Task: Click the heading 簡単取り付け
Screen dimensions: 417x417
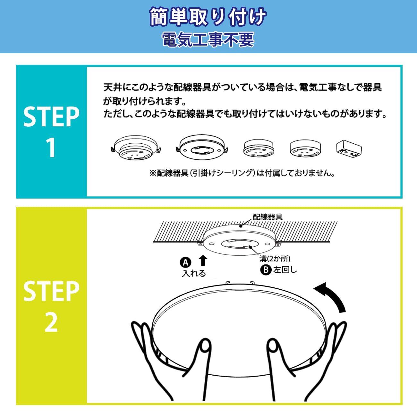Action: click(x=208, y=17)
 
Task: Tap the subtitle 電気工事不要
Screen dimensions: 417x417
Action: click(x=208, y=39)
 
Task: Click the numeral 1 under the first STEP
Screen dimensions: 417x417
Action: click(x=51, y=148)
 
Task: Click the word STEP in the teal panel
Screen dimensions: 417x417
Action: click(x=51, y=116)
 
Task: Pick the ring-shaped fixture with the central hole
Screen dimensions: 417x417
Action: click(x=202, y=148)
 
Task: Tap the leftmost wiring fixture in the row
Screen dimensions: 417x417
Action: click(x=136, y=148)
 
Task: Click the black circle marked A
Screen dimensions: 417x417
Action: click(x=186, y=262)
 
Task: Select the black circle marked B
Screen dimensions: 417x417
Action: click(x=266, y=270)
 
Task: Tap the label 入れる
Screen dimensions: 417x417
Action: click(x=194, y=274)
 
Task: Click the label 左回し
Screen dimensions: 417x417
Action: click(x=285, y=270)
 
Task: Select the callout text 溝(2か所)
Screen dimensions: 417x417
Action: click(x=275, y=259)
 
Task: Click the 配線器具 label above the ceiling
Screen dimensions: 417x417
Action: click(x=268, y=217)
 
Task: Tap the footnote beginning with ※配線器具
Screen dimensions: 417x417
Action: click(x=242, y=173)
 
